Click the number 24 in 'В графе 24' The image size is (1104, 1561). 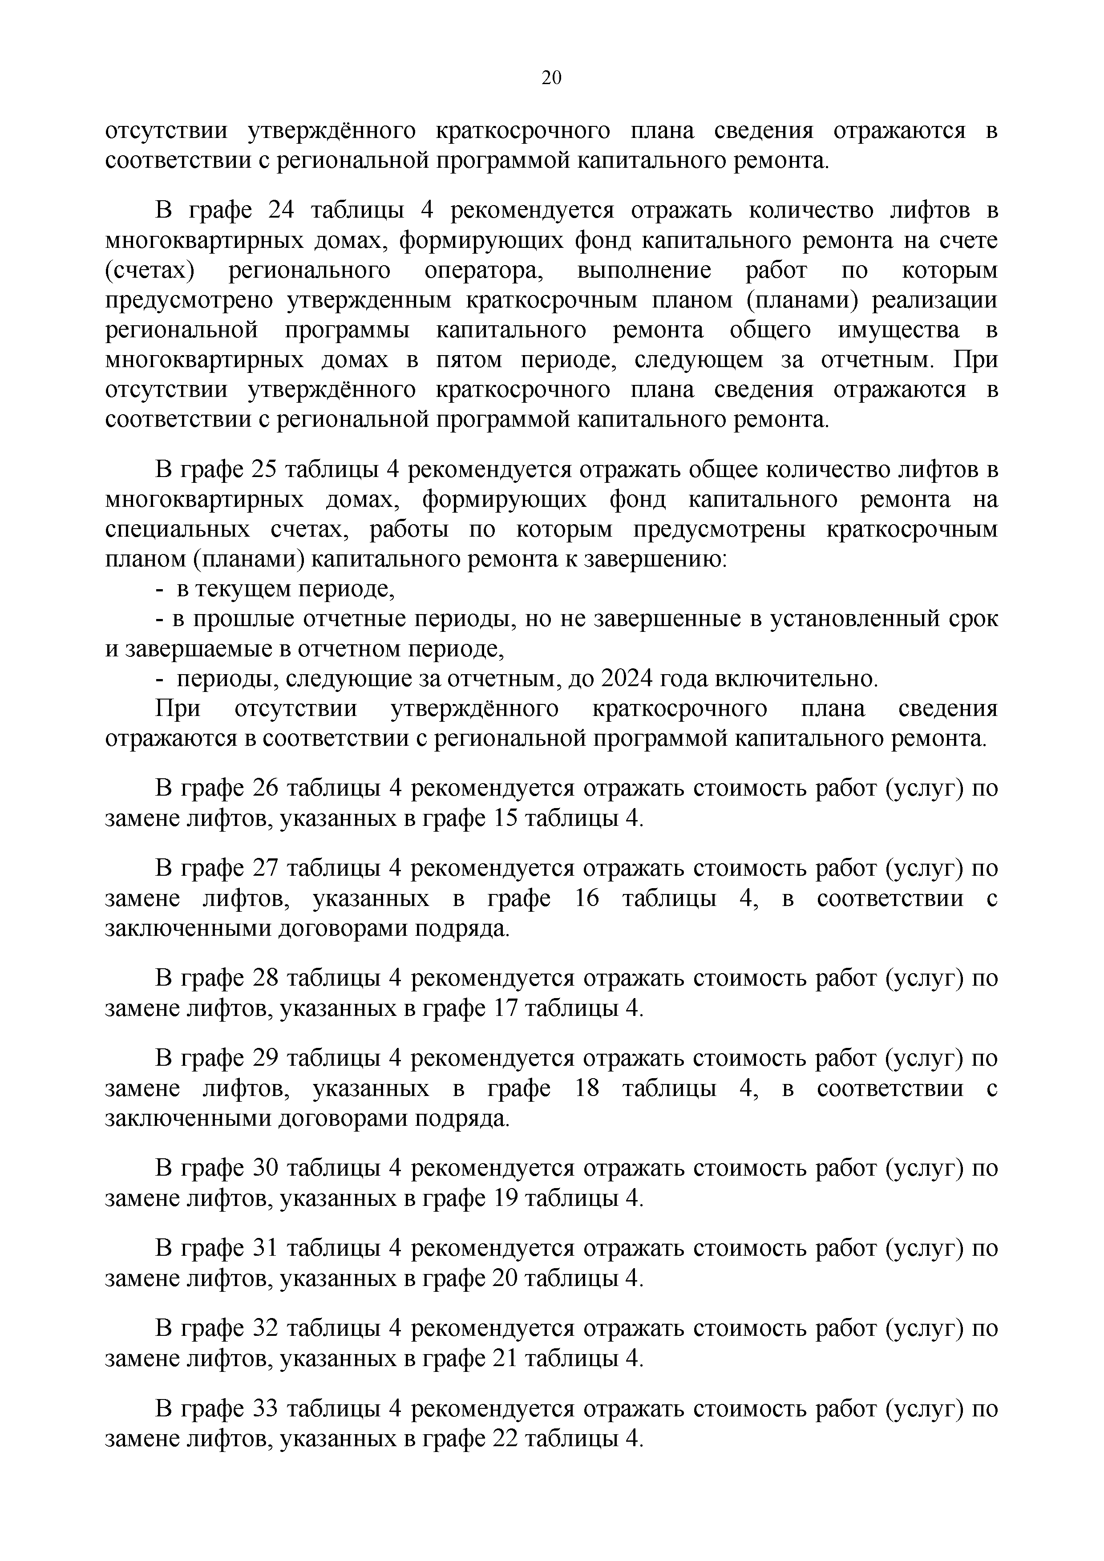[x=281, y=210]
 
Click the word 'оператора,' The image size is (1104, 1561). [x=484, y=270]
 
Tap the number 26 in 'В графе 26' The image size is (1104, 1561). [x=266, y=788]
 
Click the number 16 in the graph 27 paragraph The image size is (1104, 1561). [x=586, y=898]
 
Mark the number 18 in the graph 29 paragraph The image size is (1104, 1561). [x=586, y=1088]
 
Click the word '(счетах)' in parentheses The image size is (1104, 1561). [x=150, y=270]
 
